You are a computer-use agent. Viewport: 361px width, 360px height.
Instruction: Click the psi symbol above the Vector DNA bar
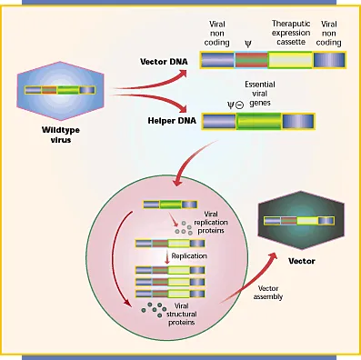pyautogui.click(x=246, y=41)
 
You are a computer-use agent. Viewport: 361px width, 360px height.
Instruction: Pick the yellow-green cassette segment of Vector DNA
pyautogui.click(x=286, y=60)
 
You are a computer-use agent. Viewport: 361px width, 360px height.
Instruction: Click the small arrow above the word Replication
pyautogui.click(x=166, y=256)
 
